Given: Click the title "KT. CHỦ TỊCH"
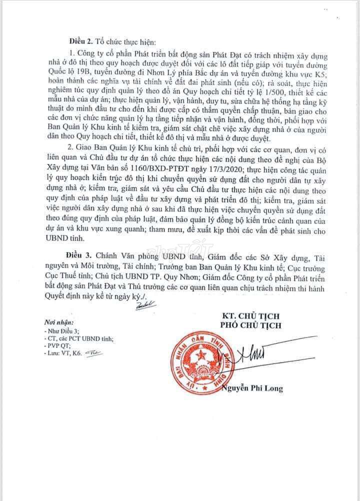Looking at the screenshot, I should pyautogui.click(x=250, y=315).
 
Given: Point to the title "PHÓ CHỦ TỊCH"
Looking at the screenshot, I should pyautogui.click(x=250, y=325).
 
